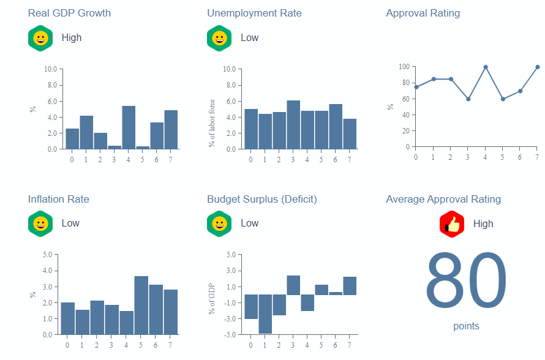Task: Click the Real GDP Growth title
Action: pyautogui.click(x=69, y=13)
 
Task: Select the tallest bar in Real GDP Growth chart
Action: pyautogui.click(x=129, y=127)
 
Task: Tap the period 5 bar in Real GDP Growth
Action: pyautogui.click(x=143, y=147)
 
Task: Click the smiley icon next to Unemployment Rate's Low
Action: pyautogui.click(x=219, y=38)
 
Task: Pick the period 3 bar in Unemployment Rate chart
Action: pyautogui.click(x=293, y=125)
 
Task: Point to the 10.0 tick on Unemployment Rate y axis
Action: pyautogui.click(x=229, y=69)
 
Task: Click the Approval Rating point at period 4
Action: pyautogui.click(x=486, y=67)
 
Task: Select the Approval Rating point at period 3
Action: pyautogui.click(x=468, y=99)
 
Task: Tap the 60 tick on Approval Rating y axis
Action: pyautogui.click(x=404, y=99)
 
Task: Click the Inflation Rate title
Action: pyautogui.click(x=58, y=199)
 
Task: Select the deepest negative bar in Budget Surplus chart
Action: pyautogui.click(x=265, y=314)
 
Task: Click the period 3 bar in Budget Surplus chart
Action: pyautogui.click(x=293, y=285)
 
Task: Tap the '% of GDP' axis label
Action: pyautogui.click(x=212, y=299)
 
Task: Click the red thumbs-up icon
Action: pyautogui.click(x=452, y=224)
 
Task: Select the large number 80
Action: pyautogui.click(x=466, y=280)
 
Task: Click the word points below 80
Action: pyautogui.click(x=466, y=326)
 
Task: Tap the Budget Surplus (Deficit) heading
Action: pyautogui.click(x=261, y=199)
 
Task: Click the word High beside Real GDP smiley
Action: pyautogui.click(x=72, y=38)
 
